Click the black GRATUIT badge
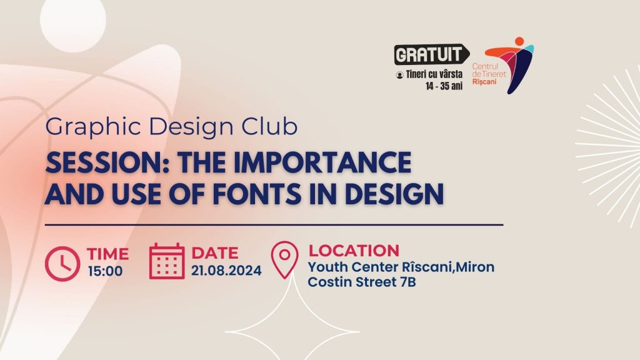431,54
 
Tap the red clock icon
62,264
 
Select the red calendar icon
166,261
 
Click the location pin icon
284,259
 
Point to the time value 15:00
105,271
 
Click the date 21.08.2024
226,271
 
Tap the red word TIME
107,254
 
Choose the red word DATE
215,253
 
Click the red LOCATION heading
354,251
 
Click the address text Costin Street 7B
362,282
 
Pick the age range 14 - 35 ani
444,86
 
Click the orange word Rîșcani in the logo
484,82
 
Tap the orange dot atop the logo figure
519,41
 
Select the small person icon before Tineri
399,75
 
